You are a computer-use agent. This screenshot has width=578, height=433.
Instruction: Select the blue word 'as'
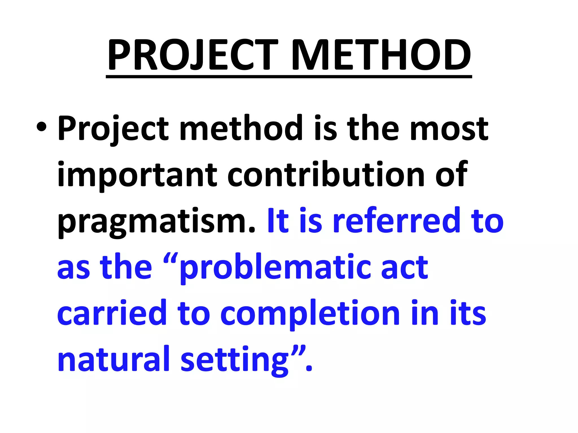[74, 268]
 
